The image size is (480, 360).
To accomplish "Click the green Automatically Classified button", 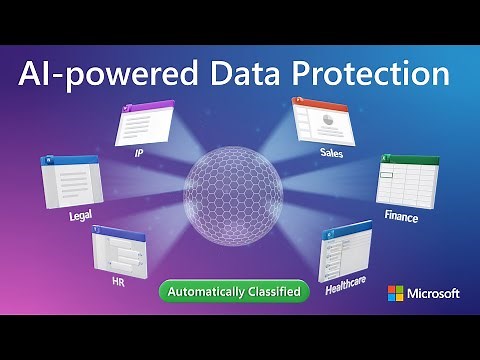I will point(234,291).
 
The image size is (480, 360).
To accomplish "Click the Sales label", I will point(332,153).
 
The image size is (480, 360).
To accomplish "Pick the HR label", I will point(118,283).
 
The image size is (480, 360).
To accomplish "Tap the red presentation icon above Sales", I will point(326,122).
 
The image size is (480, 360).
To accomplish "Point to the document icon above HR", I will point(120,250).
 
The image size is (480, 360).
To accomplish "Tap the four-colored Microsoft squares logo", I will point(396,293).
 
